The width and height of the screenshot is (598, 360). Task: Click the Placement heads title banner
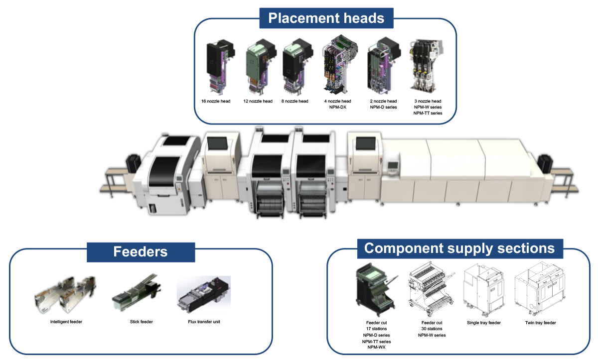pyautogui.click(x=326, y=18)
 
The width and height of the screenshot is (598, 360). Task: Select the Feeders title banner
pyautogui.click(x=140, y=251)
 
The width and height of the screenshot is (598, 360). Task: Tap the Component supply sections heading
pyautogui.click(x=459, y=248)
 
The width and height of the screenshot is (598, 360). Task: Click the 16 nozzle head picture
pyautogui.click(x=218, y=68)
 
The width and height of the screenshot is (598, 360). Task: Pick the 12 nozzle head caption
pyautogui.click(x=258, y=101)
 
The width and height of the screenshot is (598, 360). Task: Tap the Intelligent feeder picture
pyautogui.click(x=65, y=296)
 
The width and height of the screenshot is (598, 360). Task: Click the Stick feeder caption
pyautogui.click(x=141, y=322)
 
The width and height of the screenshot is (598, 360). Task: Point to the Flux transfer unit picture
pyautogui.click(x=203, y=297)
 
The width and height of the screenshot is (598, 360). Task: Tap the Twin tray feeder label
pyautogui.click(x=541, y=323)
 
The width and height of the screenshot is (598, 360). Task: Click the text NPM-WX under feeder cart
pyautogui.click(x=376, y=348)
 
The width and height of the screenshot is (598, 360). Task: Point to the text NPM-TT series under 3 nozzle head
pyautogui.click(x=428, y=113)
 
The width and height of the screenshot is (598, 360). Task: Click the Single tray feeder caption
pyautogui.click(x=483, y=323)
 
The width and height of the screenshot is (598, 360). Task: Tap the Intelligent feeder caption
pyautogui.click(x=66, y=322)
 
